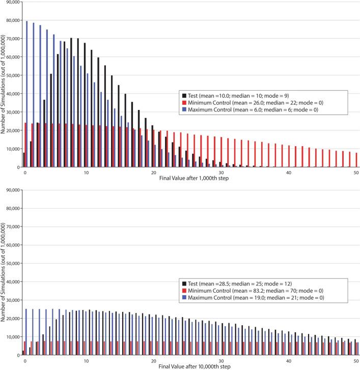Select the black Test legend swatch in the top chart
pyautogui.click(x=184, y=95)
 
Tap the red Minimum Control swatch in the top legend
pyautogui.click(x=184, y=103)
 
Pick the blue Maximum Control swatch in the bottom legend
pyautogui.click(x=184, y=297)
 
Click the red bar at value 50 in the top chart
pyautogui.click(x=356, y=160)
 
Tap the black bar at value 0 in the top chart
pyautogui.click(x=24, y=160)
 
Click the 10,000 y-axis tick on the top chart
pyautogui.click(x=12, y=149)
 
